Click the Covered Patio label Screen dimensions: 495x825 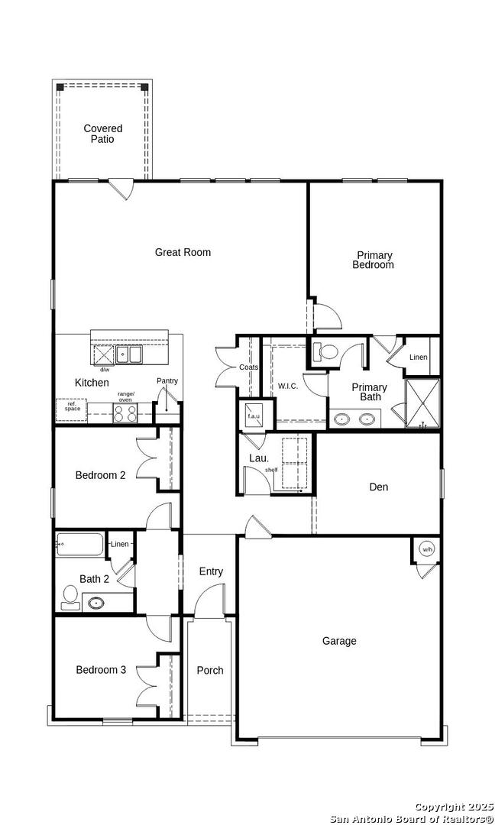103,134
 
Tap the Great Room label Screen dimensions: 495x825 183,253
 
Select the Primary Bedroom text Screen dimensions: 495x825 373,260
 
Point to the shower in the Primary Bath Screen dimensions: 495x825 422,403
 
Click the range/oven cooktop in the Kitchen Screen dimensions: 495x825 125,412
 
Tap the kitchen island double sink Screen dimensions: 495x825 129,354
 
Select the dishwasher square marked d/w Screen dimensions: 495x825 103,355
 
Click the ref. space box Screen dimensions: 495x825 72,410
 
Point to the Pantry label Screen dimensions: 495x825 167,381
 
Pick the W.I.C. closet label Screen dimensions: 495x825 288,387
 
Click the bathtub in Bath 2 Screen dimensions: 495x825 80,545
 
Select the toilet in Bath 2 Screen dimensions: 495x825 70,598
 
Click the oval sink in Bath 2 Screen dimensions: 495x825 95,603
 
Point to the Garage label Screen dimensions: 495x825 339,641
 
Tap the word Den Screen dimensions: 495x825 379,487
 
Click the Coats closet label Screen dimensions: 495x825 249,367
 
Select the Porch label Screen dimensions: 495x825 210,671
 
